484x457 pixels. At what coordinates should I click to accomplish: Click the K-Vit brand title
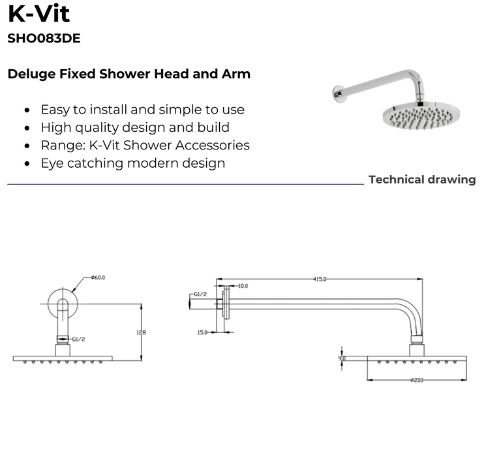[x=38, y=14]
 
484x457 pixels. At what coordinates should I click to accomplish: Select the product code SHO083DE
[x=44, y=39]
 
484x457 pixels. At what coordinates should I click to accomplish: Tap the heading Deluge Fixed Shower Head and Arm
[x=129, y=74]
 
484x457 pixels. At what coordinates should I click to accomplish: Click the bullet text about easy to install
[x=142, y=110]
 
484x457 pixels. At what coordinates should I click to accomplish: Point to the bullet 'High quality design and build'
[x=135, y=127]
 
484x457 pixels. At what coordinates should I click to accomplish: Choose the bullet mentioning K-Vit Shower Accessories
[x=145, y=145]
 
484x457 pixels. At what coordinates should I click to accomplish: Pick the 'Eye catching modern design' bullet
[x=132, y=163]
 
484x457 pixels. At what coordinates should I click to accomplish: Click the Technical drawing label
[x=422, y=180]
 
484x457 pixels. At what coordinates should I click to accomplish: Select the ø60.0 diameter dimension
[x=98, y=277]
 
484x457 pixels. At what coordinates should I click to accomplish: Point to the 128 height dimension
[x=141, y=332]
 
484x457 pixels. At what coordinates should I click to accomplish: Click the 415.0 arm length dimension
[x=319, y=279]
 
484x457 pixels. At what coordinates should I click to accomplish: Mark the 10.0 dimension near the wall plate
[x=242, y=286]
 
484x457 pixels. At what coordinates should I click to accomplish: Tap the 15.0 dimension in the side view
[x=202, y=332]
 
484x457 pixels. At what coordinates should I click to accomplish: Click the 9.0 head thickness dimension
[x=342, y=358]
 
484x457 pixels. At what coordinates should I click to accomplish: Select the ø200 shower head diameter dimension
[x=417, y=380]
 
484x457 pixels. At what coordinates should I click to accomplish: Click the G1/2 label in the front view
[x=79, y=339]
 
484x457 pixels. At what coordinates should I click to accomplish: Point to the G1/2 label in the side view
[x=200, y=294]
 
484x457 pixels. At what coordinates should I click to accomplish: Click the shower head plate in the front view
[x=63, y=358]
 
